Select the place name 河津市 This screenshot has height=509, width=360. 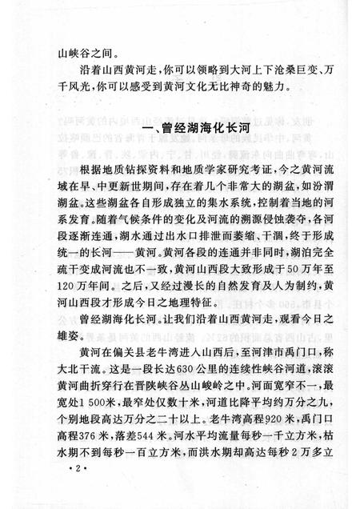coord(250,356)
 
